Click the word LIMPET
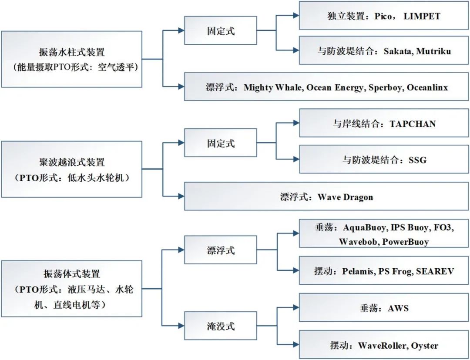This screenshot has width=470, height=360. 422,16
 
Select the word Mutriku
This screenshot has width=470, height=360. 433,51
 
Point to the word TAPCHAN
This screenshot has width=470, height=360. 413,124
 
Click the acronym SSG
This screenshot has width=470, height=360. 417,160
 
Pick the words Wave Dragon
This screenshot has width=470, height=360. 345,197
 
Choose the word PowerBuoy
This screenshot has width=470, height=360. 406,241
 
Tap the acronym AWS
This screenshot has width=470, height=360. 398,309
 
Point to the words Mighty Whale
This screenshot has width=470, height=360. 272,87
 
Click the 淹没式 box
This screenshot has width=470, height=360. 221,326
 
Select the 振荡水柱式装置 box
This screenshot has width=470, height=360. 71,59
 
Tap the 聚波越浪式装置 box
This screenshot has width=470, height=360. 71,169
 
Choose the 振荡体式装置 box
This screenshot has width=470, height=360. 71,289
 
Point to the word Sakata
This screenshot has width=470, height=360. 397,51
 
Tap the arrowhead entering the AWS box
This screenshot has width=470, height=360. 295,308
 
